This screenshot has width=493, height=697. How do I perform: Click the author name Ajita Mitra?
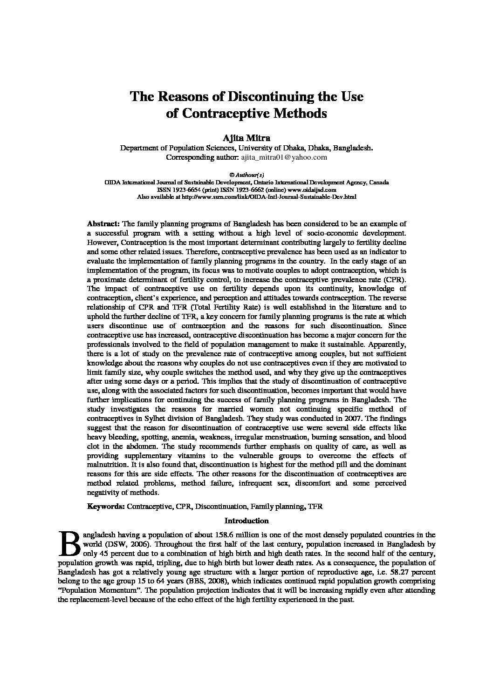click(246, 138)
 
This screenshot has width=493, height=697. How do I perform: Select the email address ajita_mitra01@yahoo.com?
click(283, 157)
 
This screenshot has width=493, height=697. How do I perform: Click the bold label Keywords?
click(106, 506)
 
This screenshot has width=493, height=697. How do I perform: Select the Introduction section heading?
click(246, 521)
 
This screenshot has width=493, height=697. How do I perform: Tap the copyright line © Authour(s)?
click(246, 176)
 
